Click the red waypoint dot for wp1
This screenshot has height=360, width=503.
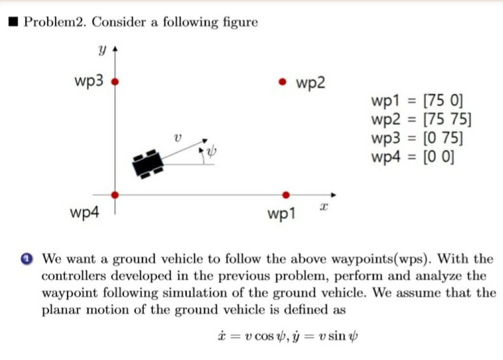[x=286, y=195]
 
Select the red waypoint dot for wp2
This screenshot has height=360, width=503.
[x=282, y=82]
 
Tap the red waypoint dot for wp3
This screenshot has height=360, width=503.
[x=115, y=82]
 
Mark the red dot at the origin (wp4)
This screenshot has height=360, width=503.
[x=115, y=195]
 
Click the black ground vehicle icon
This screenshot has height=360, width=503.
[x=148, y=164]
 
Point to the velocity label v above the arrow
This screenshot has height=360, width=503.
[x=177, y=138]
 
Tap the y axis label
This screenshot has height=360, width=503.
[x=102, y=50]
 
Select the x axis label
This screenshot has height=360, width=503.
[x=324, y=207]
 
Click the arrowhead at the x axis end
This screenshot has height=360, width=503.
[x=334, y=195]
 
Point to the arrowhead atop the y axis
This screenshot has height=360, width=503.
[x=115, y=49]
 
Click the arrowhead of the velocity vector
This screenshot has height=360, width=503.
[x=205, y=140]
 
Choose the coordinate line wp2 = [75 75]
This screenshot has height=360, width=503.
[x=421, y=119]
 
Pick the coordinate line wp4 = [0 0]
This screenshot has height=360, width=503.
[x=413, y=157]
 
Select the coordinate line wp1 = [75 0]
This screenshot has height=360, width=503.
[x=417, y=100]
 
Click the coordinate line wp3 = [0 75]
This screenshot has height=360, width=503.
[x=417, y=138]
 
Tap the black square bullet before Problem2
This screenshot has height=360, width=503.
[x=13, y=22]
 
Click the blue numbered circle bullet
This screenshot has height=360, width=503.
[x=27, y=259]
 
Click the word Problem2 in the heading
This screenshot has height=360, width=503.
[x=55, y=22]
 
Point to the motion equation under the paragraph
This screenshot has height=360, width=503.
[x=287, y=336]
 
